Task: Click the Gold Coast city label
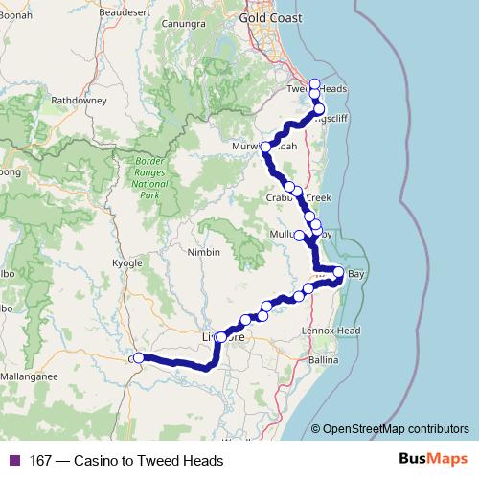[x=269, y=17]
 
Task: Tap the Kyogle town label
[x=126, y=262]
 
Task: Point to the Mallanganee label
[x=30, y=376]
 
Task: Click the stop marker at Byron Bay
[x=338, y=273]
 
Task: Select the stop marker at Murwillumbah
[x=266, y=147]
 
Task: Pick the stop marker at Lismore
[x=221, y=337]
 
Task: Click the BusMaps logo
[x=434, y=460]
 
